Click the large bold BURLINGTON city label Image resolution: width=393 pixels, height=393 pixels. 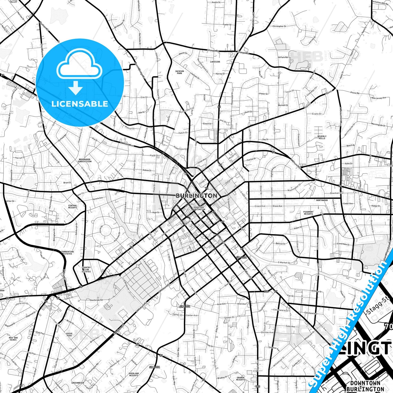196,196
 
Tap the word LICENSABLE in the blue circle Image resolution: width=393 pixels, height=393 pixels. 80,104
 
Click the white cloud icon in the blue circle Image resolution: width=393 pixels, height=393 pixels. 79,65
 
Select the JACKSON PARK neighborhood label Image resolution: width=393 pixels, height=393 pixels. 180,72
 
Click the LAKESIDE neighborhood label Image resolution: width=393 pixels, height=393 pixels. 215,62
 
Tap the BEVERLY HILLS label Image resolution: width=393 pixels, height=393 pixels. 322,137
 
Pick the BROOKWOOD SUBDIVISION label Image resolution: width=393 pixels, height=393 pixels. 85,160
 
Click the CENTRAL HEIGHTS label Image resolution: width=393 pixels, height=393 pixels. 73,207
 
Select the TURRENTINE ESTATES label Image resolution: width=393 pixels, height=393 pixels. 67,253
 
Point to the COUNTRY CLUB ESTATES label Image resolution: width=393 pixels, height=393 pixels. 86,270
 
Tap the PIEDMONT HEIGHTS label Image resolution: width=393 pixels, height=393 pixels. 308,213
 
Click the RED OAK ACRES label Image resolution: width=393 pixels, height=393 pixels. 13,339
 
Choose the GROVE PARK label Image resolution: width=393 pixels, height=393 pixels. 69,335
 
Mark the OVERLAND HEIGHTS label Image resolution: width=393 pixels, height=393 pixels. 134,375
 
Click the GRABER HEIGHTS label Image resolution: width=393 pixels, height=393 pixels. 240,379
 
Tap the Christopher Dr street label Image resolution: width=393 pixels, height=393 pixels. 279,26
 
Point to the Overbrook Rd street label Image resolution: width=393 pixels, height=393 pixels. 96,300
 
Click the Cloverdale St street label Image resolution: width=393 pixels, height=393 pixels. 343,244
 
